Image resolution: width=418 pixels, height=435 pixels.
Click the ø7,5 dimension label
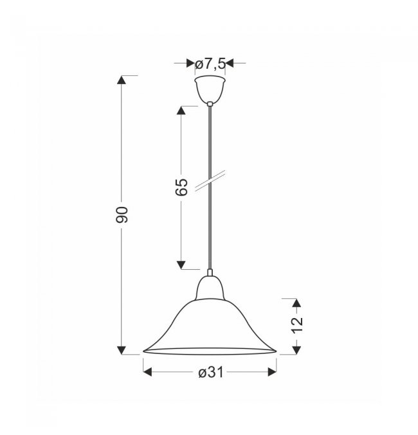tap(210, 64)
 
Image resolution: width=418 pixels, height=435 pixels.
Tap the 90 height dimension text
tap(122, 215)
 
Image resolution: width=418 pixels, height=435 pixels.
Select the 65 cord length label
tap(182, 187)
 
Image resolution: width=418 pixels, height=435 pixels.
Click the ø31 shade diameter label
tap(211, 372)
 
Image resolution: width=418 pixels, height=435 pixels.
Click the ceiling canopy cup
tap(210, 89)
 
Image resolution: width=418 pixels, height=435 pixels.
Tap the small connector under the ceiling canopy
tap(210, 104)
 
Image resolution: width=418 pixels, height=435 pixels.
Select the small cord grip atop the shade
tap(210, 272)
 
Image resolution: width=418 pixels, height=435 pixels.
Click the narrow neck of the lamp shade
tap(210, 288)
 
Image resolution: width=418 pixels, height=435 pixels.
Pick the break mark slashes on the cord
tap(210, 181)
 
